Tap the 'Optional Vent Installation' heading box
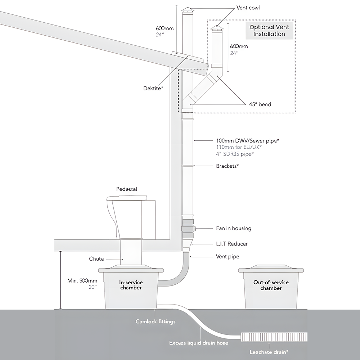(269, 31)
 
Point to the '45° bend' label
(260, 104)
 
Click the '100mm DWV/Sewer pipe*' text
(247, 141)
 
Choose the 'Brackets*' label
(228, 166)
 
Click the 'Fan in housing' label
(234, 228)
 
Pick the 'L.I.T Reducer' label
(232, 244)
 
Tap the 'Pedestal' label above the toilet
(126, 189)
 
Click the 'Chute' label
(96, 258)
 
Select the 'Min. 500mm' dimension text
(82, 281)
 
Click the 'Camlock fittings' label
(156, 321)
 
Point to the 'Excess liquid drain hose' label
(199, 343)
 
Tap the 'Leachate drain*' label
(271, 352)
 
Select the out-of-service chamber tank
(269, 288)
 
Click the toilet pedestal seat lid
(127, 198)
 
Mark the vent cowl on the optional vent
(217, 28)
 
